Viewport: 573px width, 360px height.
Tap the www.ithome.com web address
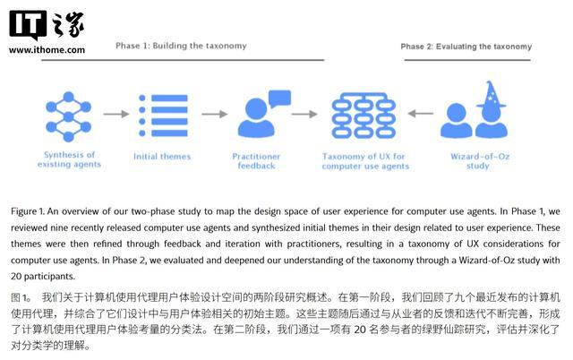47,50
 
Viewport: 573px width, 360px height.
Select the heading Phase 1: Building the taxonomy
181,46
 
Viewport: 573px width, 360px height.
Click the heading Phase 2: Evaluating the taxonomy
466,47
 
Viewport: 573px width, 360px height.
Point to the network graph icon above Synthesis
68,116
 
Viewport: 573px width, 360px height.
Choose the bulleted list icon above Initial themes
163,116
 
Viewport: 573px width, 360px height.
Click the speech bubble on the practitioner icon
279,99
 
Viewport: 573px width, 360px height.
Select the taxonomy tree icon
363,116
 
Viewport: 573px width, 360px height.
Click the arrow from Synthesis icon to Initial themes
116,114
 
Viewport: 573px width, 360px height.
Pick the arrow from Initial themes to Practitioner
215,114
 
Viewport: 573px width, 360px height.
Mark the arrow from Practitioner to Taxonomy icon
304,114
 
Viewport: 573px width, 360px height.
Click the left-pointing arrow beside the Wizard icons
421,114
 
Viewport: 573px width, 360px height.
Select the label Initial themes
162,157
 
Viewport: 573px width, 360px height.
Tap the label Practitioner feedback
256,161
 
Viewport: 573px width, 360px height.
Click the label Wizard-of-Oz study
480,161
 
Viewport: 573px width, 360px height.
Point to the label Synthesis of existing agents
69,159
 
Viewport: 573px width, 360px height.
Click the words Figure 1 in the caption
28,211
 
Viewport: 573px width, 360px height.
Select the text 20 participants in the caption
42,276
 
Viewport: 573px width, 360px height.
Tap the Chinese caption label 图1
21,297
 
